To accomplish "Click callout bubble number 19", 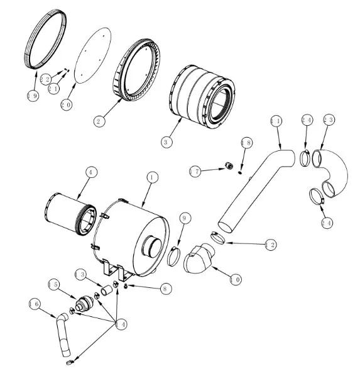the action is (x=33, y=96).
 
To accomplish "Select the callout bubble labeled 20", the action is (x=67, y=105).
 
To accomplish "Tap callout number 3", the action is (x=166, y=142).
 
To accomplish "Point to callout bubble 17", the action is (x=195, y=172).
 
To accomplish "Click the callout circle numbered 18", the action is (x=247, y=143).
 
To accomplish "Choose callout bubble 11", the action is (x=276, y=121).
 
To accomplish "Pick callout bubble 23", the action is (x=329, y=119).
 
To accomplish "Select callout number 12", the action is (x=271, y=245).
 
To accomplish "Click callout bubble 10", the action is (x=236, y=280).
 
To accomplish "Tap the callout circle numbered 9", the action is (x=185, y=218).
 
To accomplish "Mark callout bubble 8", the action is (x=166, y=289).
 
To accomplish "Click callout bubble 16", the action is (x=35, y=304).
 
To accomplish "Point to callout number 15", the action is (x=54, y=285).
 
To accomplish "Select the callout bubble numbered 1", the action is (x=152, y=178).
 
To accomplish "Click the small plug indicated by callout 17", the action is (x=229, y=165).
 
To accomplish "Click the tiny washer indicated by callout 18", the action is (x=240, y=172).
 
